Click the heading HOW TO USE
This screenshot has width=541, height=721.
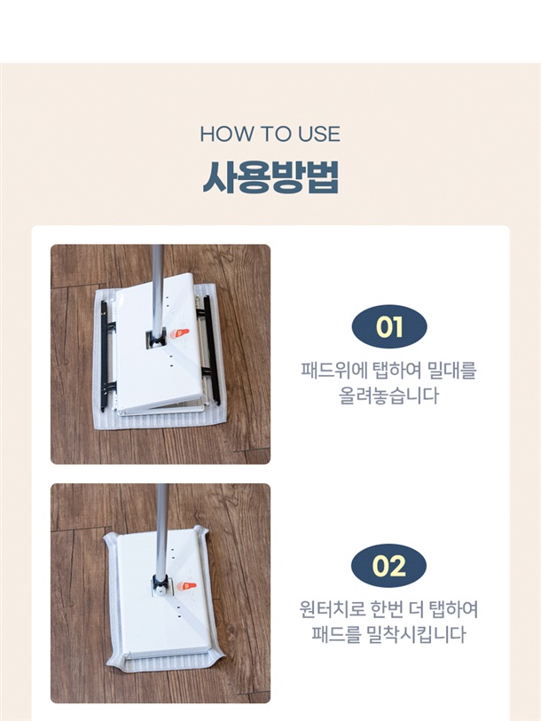tap(270, 134)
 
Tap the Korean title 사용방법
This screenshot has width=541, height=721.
tap(270, 177)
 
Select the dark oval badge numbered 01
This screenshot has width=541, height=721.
tap(389, 327)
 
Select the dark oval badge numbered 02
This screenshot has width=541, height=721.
tap(388, 566)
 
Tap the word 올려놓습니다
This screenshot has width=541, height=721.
tap(388, 396)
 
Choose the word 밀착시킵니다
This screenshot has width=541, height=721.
tap(416, 634)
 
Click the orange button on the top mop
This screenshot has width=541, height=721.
tap(179, 333)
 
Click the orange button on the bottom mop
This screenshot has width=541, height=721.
tap(187, 586)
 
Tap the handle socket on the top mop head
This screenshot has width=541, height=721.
tap(156, 340)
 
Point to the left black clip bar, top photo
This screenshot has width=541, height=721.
tap(106, 356)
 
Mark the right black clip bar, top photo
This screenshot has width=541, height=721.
tap(211, 349)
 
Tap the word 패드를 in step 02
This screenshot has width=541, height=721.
tap(336, 634)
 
